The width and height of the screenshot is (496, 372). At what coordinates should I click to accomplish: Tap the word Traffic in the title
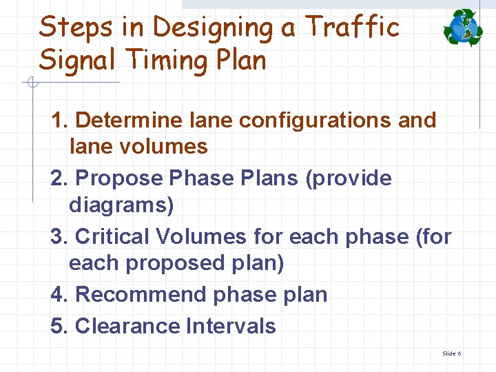(352, 28)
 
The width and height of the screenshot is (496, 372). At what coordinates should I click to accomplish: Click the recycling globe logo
(464, 28)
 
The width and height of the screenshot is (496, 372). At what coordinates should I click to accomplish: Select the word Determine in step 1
(128, 120)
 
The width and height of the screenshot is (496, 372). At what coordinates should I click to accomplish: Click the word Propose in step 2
(118, 178)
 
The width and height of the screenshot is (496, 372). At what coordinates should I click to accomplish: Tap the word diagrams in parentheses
(121, 205)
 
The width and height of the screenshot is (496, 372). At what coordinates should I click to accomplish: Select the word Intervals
(231, 326)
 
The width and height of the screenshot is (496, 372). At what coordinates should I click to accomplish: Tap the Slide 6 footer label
(451, 353)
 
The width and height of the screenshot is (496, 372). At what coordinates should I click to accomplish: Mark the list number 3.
(58, 236)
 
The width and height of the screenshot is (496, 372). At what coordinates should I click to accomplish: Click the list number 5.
(58, 326)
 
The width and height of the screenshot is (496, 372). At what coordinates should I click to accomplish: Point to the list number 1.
(58, 120)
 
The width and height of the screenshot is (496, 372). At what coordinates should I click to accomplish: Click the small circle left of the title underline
(32, 83)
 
